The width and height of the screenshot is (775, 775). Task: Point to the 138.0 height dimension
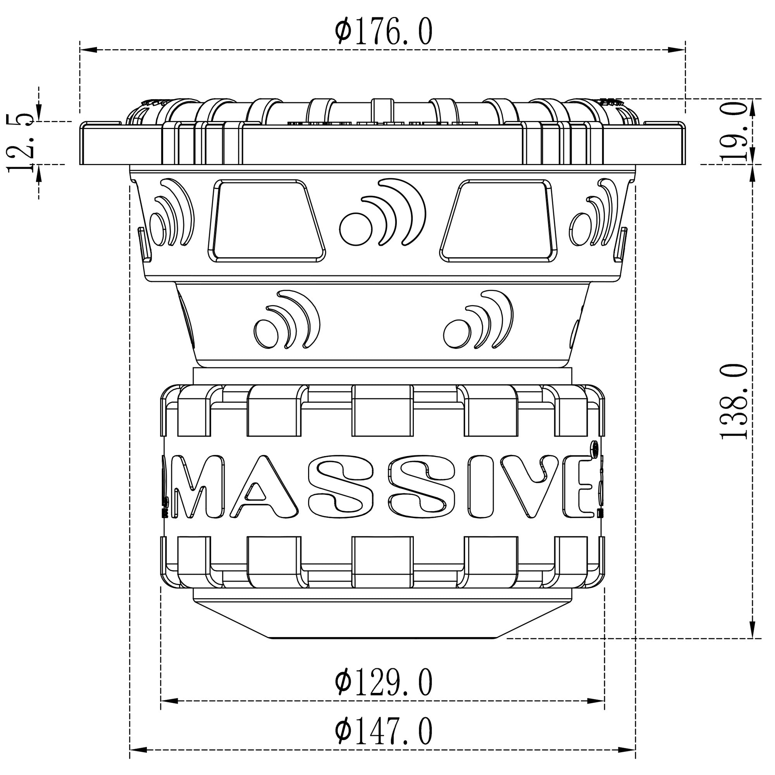point(734,401)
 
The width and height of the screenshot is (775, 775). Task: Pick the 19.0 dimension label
point(734,132)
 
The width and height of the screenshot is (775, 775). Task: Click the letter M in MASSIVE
point(196,486)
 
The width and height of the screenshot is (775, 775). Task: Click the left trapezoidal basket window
point(267,221)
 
